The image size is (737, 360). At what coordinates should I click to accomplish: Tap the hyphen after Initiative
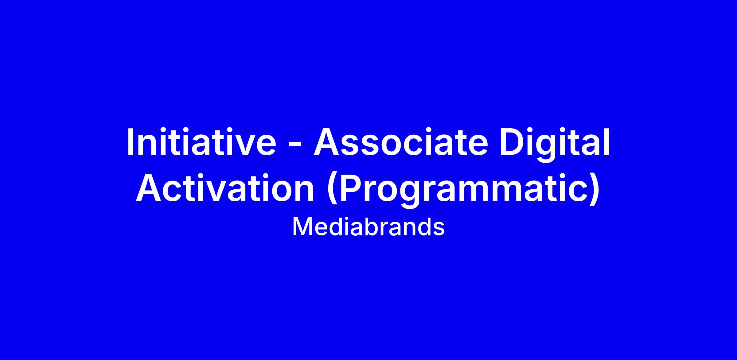(x=295, y=145)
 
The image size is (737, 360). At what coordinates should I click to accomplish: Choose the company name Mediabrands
(x=368, y=227)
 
